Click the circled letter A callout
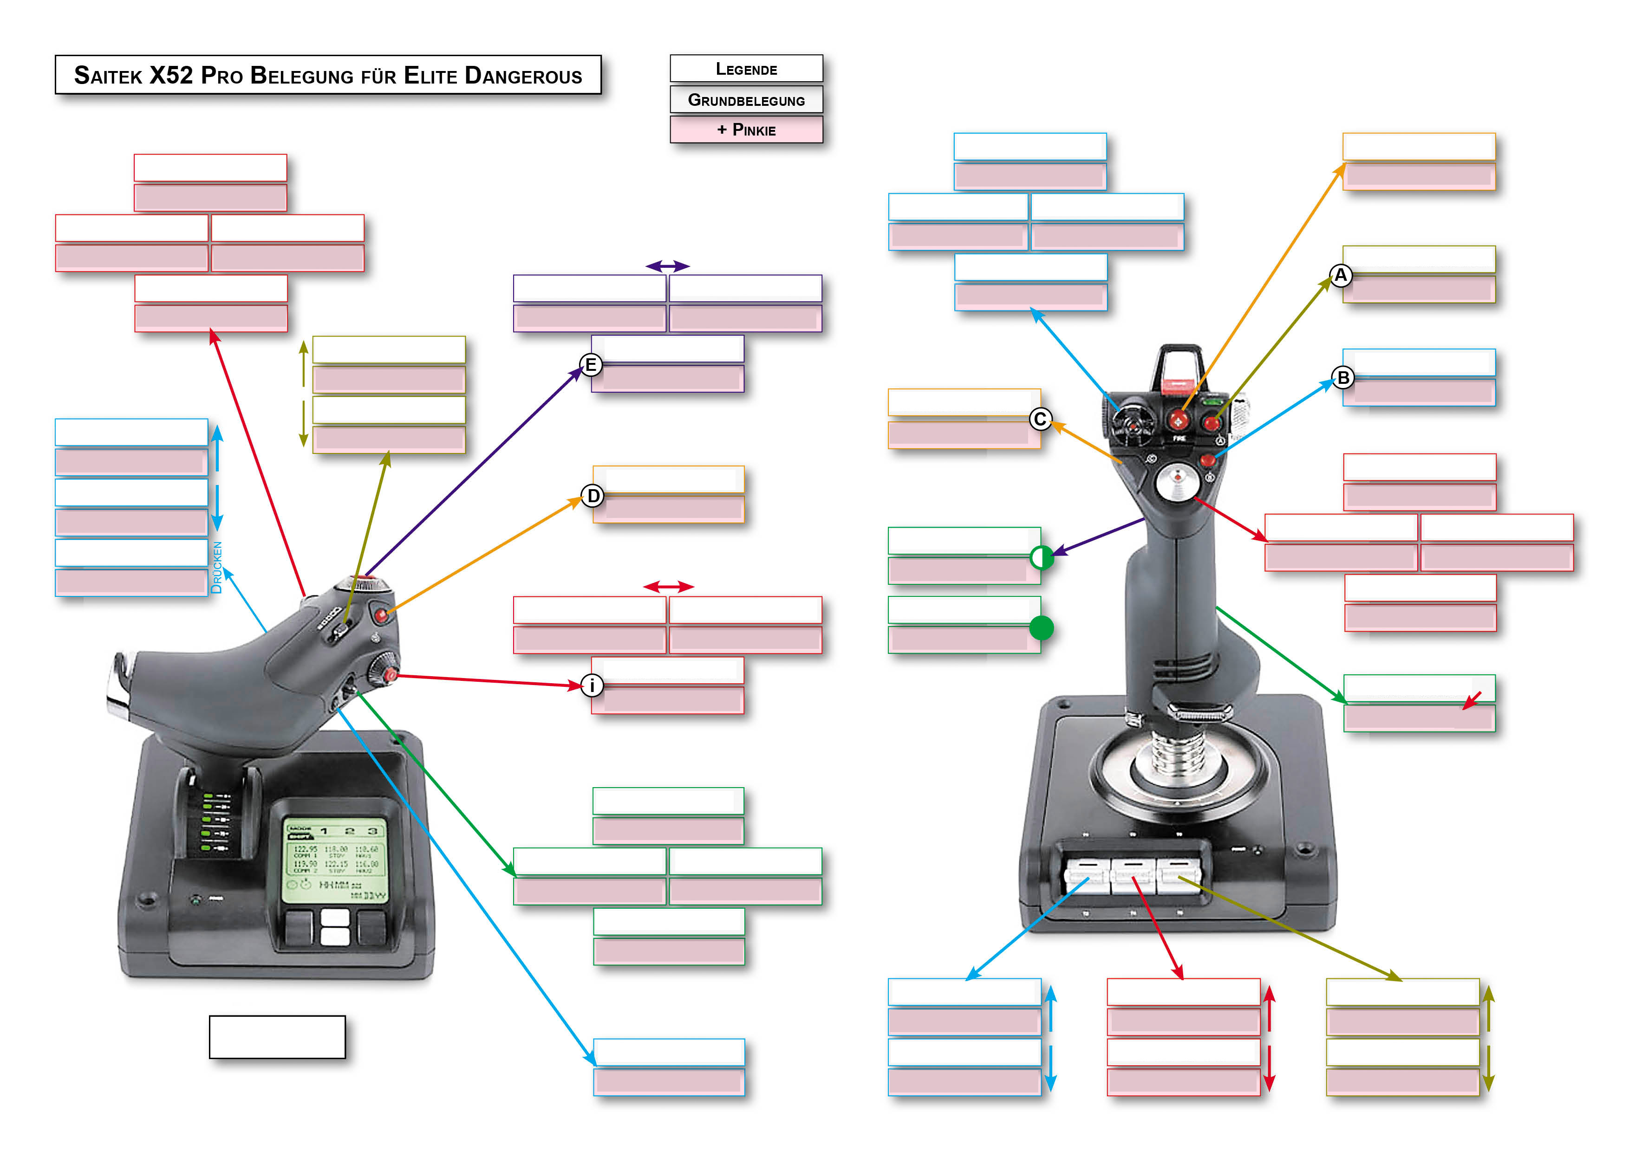point(1340,275)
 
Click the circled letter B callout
point(1342,378)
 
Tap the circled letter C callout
point(1040,419)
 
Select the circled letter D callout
point(593,496)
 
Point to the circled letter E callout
point(590,365)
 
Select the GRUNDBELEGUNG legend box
point(746,100)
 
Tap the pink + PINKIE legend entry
point(746,130)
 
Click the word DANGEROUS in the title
point(523,76)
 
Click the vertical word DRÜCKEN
point(217,567)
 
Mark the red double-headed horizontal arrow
point(668,587)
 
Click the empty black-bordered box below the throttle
point(277,1037)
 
